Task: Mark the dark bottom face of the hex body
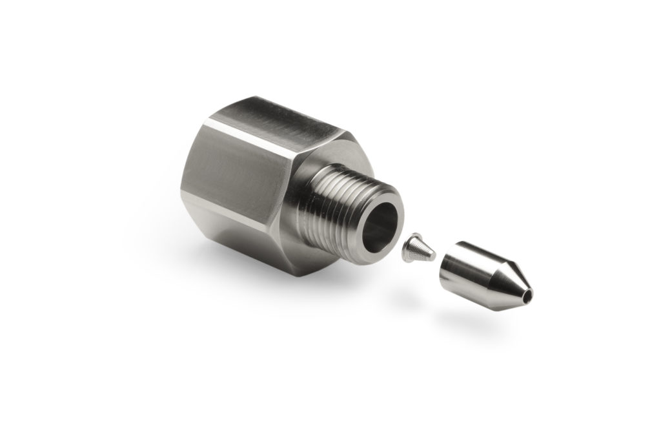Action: tap(258, 239)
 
